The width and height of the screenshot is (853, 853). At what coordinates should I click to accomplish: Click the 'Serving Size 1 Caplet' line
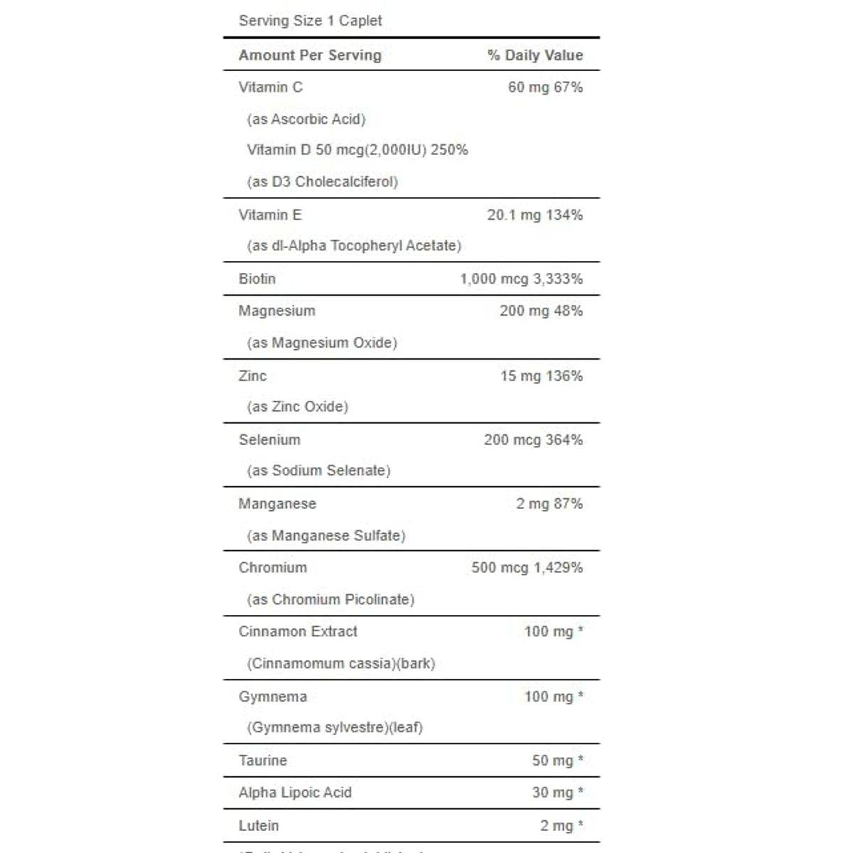click(x=310, y=21)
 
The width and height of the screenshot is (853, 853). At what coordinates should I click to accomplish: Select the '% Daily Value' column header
click(x=535, y=55)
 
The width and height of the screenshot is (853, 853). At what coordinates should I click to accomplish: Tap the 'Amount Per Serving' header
click(x=310, y=55)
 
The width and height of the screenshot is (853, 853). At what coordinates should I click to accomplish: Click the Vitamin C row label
click(x=270, y=87)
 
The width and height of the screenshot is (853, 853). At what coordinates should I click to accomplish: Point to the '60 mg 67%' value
click(x=545, y=87)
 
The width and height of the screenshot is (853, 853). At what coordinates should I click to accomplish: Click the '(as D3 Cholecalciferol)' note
click(x=322, y=181)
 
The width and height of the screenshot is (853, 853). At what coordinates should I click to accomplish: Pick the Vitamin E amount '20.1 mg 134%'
click(x=535, y=215)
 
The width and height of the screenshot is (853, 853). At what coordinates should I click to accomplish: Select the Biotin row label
click(x=257, y=279)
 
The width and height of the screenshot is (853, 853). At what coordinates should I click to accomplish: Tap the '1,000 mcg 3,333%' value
click(x=521, y=279)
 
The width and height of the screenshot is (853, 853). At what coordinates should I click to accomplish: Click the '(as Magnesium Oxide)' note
click(x=322, y=343)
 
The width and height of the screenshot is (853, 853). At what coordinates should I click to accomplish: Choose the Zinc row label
click(x=252, y=375)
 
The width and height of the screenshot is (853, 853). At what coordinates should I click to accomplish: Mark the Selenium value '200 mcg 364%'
click(x=533, y=439)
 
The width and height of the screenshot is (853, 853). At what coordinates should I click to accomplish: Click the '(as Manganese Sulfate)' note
click(x=326, y=535)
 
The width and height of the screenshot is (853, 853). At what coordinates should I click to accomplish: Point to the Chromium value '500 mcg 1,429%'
click(x=527, y=567)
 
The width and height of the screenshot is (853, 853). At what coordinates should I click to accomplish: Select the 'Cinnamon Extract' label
click(x=298, y=631)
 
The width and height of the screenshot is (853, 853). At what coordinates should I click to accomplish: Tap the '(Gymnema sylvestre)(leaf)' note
click(x=334, y=727)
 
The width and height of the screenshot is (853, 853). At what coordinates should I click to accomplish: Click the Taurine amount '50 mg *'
click(x=557, y=760)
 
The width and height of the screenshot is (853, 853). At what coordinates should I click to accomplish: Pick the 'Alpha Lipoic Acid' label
click(x=295, y=792)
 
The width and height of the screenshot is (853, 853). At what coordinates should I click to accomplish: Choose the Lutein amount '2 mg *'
click(x=561, y=825)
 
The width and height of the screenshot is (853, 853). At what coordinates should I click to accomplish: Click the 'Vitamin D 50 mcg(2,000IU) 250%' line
click(x=357, y=149)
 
